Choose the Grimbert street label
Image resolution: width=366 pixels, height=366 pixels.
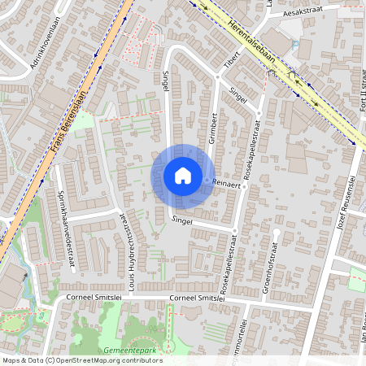pyautogui.click(x=215, y=129)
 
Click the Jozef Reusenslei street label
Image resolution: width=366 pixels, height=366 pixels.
pyautogui.click(x=347, y=203)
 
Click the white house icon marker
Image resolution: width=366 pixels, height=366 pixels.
pyautogui.click(x=183, y=175)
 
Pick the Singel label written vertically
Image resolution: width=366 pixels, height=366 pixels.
pyautogui.click(x=166, y=81)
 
